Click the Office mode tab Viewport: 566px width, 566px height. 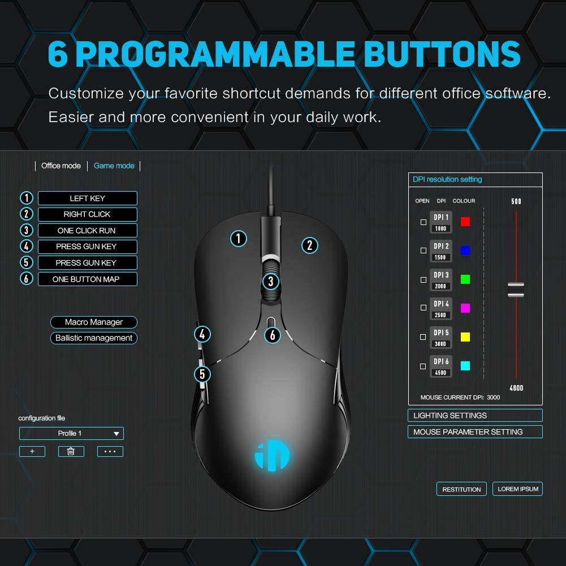point(61,166)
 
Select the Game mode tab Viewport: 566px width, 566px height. point(114,166)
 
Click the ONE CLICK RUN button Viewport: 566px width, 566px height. point(87,231)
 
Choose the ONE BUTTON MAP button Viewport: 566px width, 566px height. point(87,279)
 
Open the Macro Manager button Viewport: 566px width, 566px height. point(94,322)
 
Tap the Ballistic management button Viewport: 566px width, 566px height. point(94,338)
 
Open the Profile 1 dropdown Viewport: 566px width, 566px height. point(71,434)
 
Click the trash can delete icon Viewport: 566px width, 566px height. point(71,451)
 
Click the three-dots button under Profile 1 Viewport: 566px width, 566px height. point(110,451)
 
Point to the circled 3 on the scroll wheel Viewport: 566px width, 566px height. point(271,281)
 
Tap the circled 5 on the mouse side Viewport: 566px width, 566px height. point(202,374)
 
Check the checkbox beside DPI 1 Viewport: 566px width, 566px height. point(424,222)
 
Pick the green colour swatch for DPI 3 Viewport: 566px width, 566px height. point(465,279)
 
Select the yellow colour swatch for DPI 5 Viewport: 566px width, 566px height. point(465,337)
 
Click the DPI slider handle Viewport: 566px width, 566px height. point(516,290)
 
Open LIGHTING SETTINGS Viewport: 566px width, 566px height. point(475,416)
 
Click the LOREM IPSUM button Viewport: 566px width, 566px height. point(517,489)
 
